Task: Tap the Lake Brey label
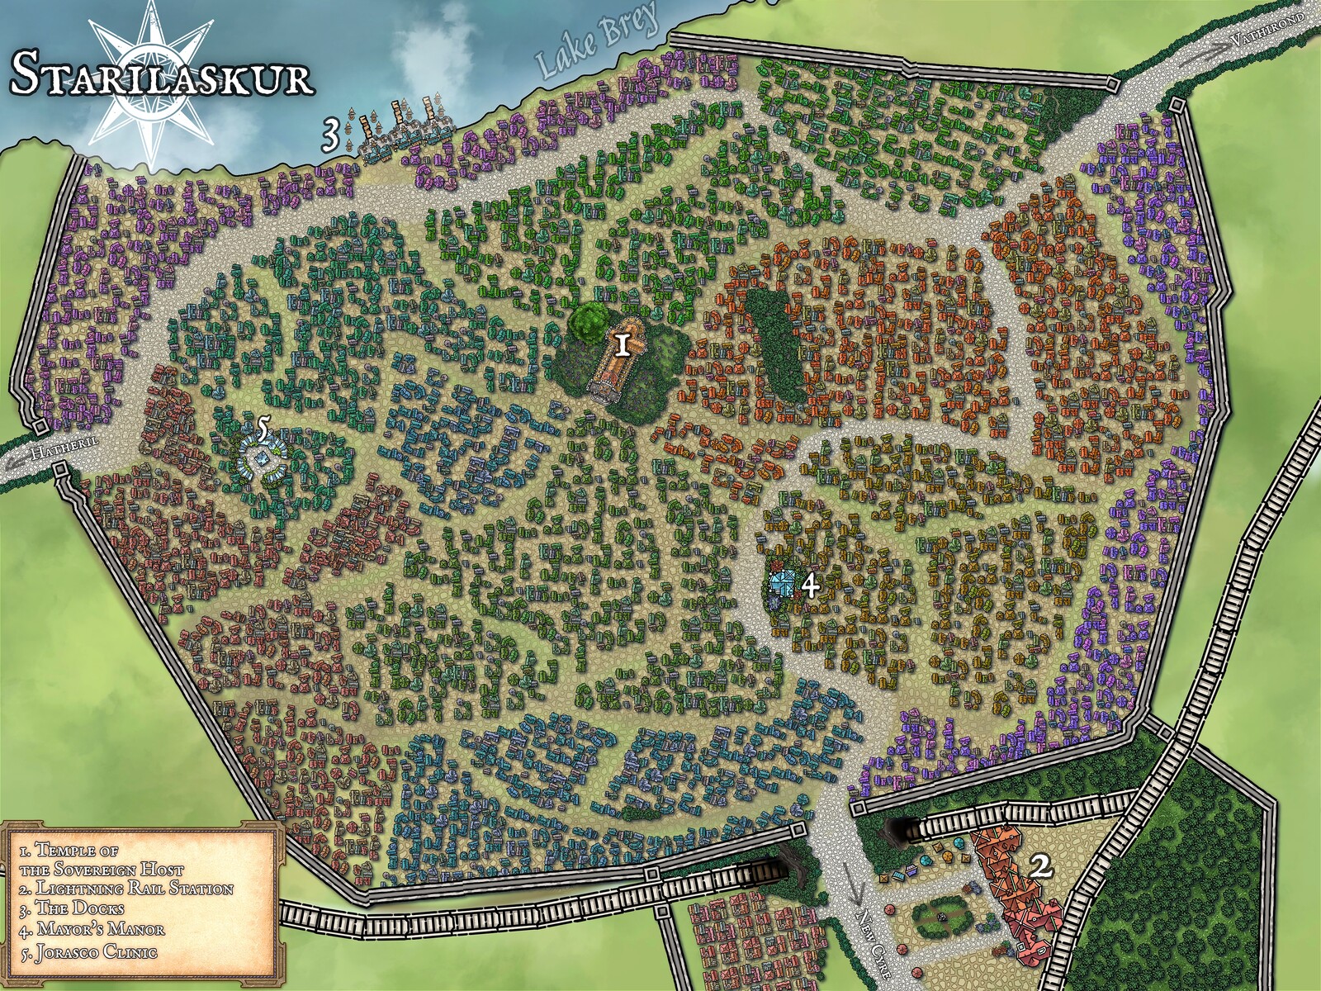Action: point(596,41)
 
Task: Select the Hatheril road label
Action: point(64,448)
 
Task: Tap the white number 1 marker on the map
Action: point(622,344)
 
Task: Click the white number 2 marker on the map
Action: point(1042,867)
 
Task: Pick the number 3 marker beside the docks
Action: point(330,135)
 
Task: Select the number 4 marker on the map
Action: point(810,586)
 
